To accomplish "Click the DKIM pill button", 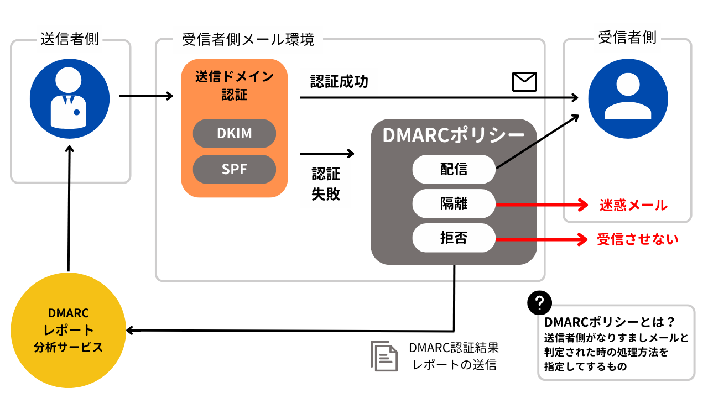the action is point(234,133).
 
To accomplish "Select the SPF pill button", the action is point(234,169).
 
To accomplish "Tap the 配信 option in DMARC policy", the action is point(454,169).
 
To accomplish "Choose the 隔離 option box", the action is point(454,203).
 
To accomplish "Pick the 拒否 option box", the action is point(454,238).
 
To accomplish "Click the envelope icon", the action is point(524,82).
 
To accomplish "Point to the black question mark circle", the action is point(539,302).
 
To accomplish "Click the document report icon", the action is point(384,356).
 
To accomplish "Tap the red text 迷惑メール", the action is point(633,205).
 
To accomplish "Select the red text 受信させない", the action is point(638,239).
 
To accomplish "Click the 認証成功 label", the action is point(339,81).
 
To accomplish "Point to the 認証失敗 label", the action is point(326,184).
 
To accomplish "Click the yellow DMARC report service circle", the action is point(68,330).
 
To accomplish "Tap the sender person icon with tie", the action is point(70,98).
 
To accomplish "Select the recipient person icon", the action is point(628,98).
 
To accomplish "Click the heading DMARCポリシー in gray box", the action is point(454,135).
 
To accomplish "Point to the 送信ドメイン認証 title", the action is point(234,86).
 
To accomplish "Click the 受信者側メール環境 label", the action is point(248,39).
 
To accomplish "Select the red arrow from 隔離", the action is point(542,205).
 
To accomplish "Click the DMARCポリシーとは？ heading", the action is point(610,322).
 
